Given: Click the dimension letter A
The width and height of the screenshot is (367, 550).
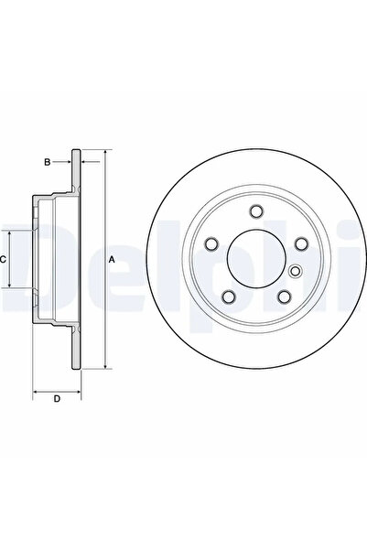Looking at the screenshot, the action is point(112,260).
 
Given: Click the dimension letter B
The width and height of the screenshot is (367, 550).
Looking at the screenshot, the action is point(47,162).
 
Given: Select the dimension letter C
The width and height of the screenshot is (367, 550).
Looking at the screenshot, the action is point(3,260).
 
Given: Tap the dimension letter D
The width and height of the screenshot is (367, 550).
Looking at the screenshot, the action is point(57,399).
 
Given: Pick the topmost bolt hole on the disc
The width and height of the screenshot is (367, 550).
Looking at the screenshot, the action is point(256,211).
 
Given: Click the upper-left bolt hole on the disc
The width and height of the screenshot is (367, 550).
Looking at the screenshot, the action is point(211,243).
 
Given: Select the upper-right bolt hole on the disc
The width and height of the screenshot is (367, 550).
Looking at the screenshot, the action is point(301,243).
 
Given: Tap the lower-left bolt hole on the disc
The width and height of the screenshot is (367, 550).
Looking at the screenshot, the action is point(229,297).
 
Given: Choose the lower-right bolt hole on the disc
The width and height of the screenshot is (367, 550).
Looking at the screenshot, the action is point(284,297).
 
